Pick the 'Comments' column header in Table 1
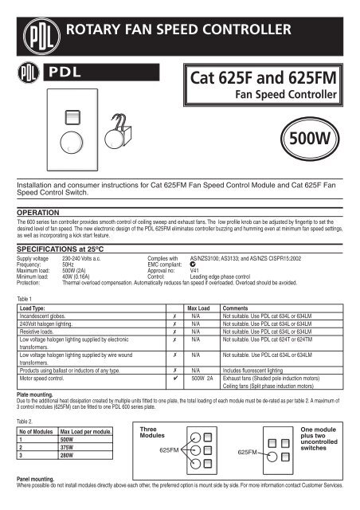click(237, 306)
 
